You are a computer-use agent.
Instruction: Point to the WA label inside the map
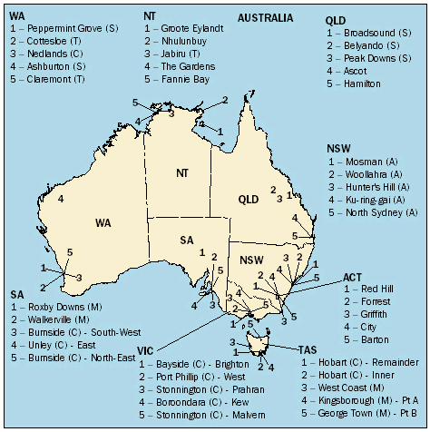click(x=105, y=221)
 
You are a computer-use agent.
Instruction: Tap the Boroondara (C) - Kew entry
click(x=194, y=399)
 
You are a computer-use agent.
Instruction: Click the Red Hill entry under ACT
click(x=370, y=288)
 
